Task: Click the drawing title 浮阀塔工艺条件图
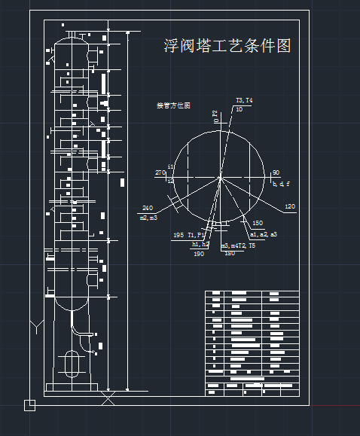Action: pos(227,46)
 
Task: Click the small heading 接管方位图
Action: pos(173,105)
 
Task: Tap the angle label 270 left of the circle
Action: pos(160,173)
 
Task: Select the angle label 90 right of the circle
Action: pos(276,172)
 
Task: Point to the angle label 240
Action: pos(147,208)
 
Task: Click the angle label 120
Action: pos(290,206)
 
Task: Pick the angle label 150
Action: pos(258,223)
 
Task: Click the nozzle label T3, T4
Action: pos(245,100)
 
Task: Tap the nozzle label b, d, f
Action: pos(281,183)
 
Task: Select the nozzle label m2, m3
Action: pos(148,218)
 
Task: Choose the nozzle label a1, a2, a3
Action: pos(264,234)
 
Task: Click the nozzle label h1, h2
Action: pos(200,244)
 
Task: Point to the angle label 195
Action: pos(178,235)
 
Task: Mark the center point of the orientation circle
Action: pos(221,178)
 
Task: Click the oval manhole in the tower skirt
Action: pos(73,364)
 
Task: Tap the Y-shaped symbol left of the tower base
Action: pos(36,326)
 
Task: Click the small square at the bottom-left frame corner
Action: pos(29,405)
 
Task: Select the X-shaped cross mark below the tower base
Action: pos(108,398)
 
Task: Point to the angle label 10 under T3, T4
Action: pos(239,109)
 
